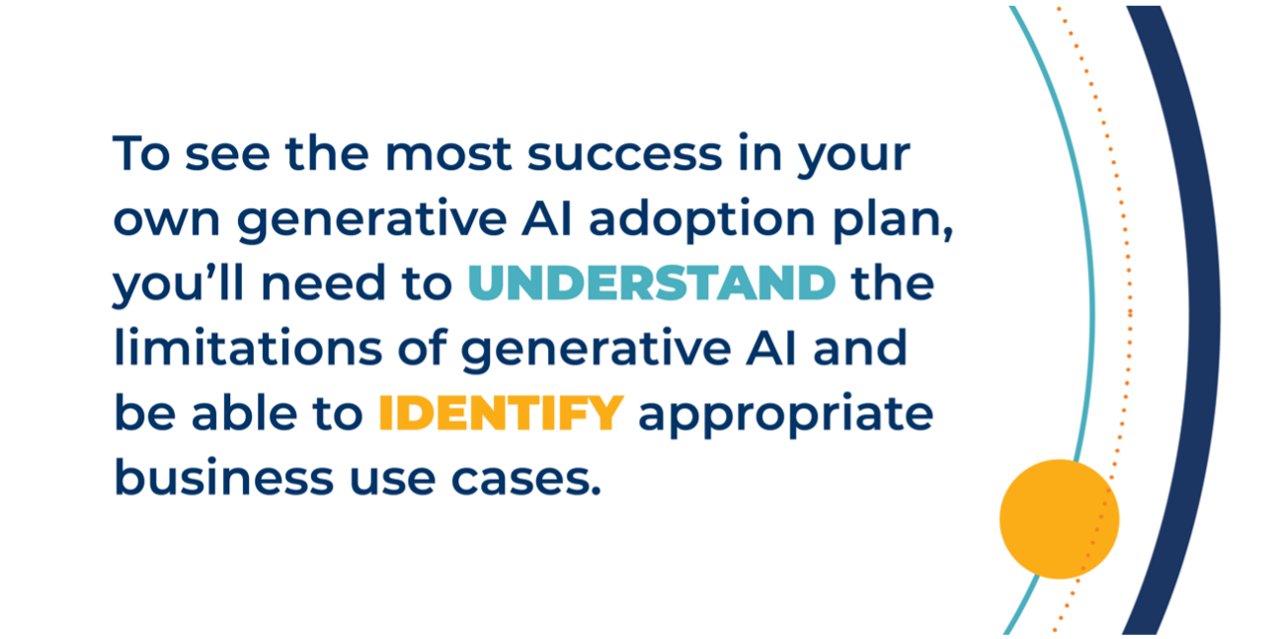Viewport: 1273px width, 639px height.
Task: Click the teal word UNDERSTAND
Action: point(652,282)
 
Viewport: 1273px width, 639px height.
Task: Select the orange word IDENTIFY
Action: point(502,413)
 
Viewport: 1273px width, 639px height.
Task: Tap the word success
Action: point(624,154)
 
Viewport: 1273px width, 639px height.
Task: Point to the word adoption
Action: point(702,221)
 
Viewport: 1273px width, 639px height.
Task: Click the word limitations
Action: point(248,347)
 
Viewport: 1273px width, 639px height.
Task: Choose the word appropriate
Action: point(785,416)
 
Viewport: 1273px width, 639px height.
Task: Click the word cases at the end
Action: point(525,480)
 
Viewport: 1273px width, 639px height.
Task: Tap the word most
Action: point(448,154)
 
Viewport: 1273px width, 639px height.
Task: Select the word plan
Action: point(892,221)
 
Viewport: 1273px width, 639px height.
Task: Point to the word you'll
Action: point(179,284)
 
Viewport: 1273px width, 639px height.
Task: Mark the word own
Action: point(167,219)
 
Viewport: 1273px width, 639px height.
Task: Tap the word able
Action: point(244,412)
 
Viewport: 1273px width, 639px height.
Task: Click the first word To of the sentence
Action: point(141,152)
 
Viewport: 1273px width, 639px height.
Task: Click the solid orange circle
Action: point(1060,519)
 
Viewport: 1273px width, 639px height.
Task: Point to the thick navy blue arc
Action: point(1204,318)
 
